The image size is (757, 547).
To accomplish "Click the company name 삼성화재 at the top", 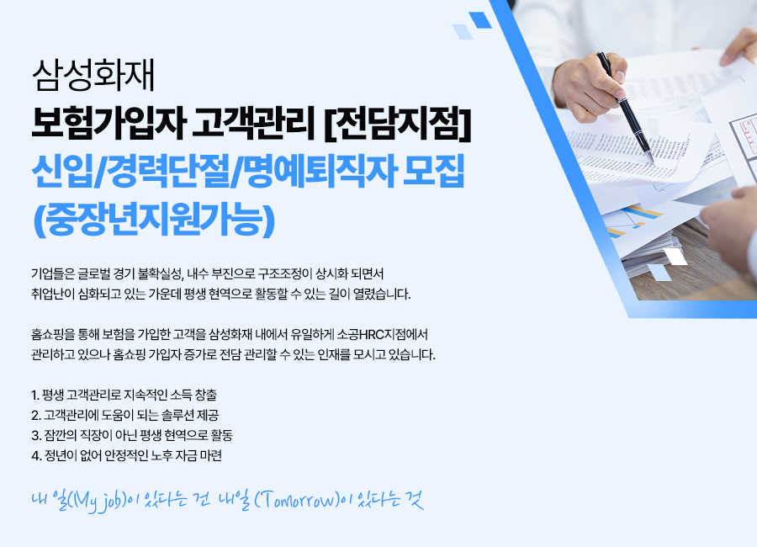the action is click(x=93, y=76).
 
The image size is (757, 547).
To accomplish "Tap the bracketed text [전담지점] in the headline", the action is click(x=397, y=125).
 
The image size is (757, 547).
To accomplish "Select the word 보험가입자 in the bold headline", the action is click(x=109, y=125).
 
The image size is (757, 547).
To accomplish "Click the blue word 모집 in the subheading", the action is click(x=433, y=171).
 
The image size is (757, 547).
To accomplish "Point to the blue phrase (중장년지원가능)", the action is click(x=154, y=220).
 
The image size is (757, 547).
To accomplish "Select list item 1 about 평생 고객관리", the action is click(x=124, y=395).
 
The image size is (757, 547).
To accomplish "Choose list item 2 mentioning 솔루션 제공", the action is click(x=125, y=415).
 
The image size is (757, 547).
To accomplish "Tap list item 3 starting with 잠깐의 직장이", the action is click(x=132, y=435).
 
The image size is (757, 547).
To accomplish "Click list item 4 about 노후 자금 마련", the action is click(x=126, y=455).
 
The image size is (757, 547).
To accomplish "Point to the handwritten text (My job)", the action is click(x=98, y=500).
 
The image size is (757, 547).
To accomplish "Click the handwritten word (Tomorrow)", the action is click(x=296, y=499).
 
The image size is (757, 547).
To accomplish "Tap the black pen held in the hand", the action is click(x=626, y=107).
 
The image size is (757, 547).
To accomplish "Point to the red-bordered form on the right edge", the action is click(x=744, y=135).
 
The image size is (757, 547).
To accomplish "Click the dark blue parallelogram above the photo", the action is click(x=480, y=20).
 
